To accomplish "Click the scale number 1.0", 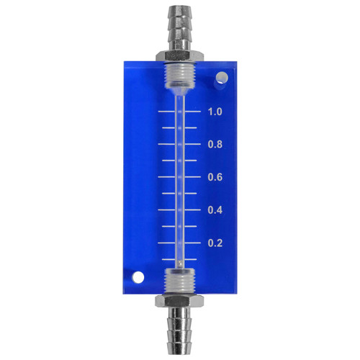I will click(x=215, y=112).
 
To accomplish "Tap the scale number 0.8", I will click(x=215, y=144).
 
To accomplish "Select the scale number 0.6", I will click(x=215, y=177).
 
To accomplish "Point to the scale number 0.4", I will click(x=215, y=210).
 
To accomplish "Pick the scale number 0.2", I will click(x=215, y=243).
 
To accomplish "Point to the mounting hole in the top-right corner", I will click(x=222, y=77).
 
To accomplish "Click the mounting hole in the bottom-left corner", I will click(x=137, y=276).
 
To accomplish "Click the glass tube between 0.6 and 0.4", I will click(x=179, y=194).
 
